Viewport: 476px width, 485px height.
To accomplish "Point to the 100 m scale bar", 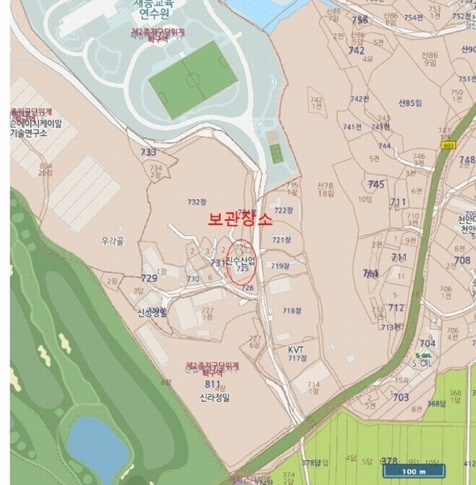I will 411,470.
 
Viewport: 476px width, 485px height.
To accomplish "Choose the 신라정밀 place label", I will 215,398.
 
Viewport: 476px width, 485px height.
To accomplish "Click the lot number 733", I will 148,152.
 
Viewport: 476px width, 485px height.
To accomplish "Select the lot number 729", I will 149,278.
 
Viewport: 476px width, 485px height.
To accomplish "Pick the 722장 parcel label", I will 280,210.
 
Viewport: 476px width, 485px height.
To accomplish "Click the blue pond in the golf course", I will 95,445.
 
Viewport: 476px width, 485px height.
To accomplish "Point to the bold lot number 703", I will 400,397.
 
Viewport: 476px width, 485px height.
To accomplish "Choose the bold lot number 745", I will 376,184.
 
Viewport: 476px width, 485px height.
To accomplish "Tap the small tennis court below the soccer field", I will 276,153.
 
